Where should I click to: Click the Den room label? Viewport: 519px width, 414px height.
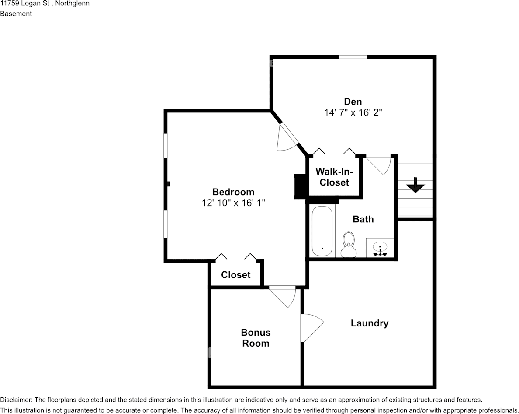coord(353,102)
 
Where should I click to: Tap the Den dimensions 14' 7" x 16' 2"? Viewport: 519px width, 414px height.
coord(353,112)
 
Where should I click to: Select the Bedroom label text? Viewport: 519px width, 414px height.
coord(233,192)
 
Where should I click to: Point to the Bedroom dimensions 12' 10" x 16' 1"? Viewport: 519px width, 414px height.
coord(233,203)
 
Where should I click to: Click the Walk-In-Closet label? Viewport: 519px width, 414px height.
coord(334,177)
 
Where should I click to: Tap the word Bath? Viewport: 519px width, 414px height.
coord(363,219)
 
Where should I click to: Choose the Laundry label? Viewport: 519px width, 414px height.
coord(369,323)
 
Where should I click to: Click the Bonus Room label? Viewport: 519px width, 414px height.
coord(256,338)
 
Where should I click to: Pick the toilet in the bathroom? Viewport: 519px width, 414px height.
coord(348,244)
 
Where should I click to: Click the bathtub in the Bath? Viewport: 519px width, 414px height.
coord(322,231)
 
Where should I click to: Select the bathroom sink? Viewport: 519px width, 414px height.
coord(380,248)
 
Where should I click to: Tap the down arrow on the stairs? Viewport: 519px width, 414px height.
coord(415,186)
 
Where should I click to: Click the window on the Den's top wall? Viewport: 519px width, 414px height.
coord(353,56)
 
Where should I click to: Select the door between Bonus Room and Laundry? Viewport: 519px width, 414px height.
coord(311,328)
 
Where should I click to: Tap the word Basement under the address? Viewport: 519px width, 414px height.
coord(16,14)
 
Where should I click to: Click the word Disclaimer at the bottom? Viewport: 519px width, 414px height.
coord(15,400)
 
